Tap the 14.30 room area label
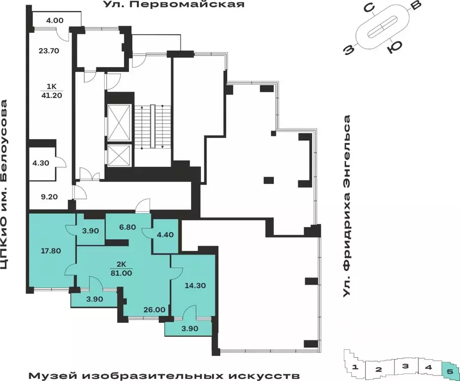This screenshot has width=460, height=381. [195, 285]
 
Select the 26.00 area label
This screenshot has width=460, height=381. [154, 310]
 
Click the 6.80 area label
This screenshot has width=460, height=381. [128, 227]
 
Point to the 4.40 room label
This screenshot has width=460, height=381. [165, 235]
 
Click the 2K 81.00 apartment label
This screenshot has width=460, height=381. [121, 269]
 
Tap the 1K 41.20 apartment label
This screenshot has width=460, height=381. [51, 91]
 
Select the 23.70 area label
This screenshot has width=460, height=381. [49, 51]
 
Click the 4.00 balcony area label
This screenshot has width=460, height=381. [55, 20]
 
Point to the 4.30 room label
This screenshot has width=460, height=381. [41, 163]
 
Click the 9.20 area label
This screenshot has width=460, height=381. [49, 197]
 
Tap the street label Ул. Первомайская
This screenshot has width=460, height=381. [174, 4]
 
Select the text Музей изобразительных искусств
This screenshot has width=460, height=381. [164, 376]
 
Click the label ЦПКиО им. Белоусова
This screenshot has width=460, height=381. [4, 185]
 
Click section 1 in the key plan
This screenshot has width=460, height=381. [355, 367]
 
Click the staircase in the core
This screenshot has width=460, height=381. [152, 127]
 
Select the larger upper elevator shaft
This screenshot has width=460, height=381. [119, 123]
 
